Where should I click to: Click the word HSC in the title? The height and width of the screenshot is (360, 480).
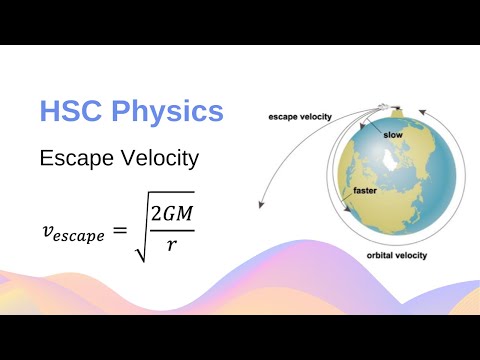coord(71,112)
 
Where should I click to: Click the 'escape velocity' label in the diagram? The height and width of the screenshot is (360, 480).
coord(301,116)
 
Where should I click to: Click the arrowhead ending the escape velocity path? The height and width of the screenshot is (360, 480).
coord(262,205)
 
